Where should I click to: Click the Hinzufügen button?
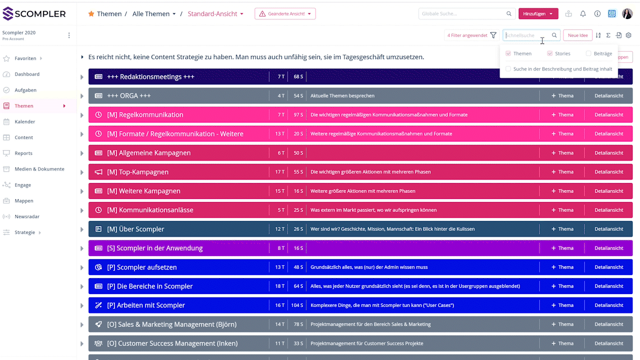click(538, 14)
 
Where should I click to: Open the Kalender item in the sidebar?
click(24, 121)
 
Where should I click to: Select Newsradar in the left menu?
click(27, 216)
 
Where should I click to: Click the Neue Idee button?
click(577, 35)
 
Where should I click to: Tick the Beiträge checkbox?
click(588, 53)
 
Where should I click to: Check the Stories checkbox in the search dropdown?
click(550, 53)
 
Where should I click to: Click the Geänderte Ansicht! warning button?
click(285, 14)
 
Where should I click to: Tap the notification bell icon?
click(583, 14)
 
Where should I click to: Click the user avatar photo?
click(627, 14)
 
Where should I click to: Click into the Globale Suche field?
click(462, 14)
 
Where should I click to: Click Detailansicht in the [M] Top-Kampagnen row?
click(608, 172)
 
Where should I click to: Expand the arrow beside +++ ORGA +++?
click(82, 96)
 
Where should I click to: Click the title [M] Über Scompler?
click(135, 229)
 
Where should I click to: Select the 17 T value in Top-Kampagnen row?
click(279, 172)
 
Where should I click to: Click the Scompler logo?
click(34, 14)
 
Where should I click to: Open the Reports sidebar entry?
click(23, 153)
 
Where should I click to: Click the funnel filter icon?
click(493, 35)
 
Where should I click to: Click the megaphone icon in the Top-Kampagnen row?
click(98, 172)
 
